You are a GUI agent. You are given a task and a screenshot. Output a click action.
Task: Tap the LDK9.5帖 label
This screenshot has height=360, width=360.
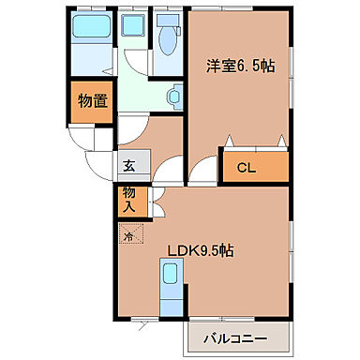tap(201, 250)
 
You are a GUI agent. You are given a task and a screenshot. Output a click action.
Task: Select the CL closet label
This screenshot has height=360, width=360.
tap(246, 169)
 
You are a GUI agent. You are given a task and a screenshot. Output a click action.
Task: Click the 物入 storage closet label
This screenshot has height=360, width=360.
tap(128, 201)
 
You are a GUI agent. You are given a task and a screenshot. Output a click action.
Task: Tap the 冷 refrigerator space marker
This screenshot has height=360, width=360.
tap(129, 236)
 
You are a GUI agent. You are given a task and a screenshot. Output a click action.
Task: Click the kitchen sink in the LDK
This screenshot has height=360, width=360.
tap(170, 275)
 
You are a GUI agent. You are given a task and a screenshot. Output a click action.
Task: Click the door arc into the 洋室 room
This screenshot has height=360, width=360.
tap(199, 170)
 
